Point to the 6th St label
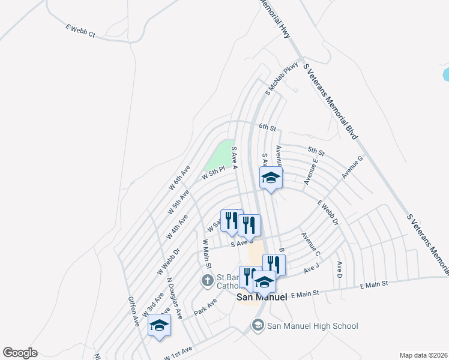267,128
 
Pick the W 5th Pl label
213,173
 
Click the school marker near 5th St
271,178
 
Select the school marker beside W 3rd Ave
159,326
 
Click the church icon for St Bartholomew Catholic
207,280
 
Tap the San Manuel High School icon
258,326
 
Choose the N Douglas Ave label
175,292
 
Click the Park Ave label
205,305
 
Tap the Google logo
20,353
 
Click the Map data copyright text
424,355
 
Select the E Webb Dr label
328,212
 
